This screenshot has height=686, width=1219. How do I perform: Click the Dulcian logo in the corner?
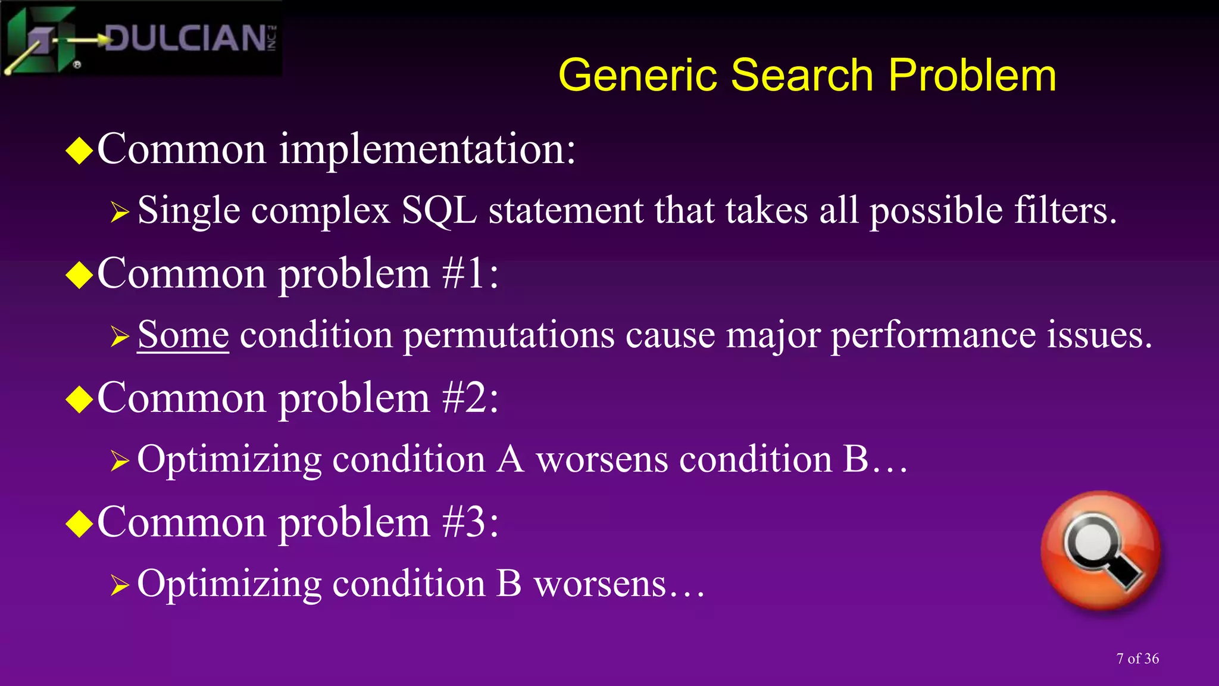point(140,39)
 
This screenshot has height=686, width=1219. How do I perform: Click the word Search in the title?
point(802,76)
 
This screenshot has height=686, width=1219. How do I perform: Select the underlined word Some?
point(183,335)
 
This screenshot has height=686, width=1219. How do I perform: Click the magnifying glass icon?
point(1101,550)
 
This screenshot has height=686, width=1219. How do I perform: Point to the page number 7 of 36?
point(1137,659)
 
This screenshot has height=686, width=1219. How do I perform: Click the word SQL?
point(439,211)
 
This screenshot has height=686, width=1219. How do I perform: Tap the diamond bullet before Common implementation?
point(79,150)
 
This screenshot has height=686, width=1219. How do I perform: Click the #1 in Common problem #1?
point(464,274)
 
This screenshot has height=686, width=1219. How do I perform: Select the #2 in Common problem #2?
point(465,398)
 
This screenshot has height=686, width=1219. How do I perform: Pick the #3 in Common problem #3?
point(465,522)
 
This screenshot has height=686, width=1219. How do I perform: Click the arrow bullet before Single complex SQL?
point(120,212)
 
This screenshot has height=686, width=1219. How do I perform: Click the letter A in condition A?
point(511,459)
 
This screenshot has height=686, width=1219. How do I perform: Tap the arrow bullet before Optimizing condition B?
point(120,585)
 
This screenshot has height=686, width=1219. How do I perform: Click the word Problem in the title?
point(972,76)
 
